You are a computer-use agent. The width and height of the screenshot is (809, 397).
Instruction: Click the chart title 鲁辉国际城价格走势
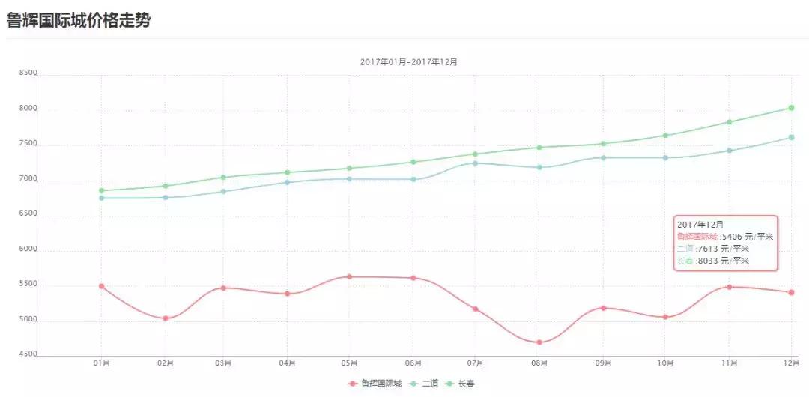coord(79,21)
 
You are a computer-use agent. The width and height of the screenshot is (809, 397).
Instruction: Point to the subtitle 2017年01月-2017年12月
coord(408,62)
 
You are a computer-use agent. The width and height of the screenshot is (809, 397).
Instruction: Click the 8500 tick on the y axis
coord(28,73)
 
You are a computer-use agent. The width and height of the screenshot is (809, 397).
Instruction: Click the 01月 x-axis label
coord(102,363)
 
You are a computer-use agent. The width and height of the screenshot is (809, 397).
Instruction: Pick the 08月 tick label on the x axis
coord(539,363)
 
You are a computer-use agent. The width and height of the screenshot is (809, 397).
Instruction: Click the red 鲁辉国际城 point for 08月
coord(539,342)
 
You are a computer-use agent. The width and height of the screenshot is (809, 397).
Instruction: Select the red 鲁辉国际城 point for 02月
coord(166,318)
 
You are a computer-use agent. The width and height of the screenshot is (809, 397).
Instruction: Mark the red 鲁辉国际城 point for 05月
coord(349,276)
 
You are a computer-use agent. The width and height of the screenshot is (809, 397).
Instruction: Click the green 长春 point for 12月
coord(791,108)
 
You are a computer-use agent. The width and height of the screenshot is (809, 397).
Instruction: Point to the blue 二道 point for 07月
coord(476,163)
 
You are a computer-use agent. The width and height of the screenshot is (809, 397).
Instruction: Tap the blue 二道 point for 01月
coord(102,198)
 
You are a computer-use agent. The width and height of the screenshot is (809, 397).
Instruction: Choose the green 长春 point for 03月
coord(222,177)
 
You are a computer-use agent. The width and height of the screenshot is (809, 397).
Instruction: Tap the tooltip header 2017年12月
coord(700,224)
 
